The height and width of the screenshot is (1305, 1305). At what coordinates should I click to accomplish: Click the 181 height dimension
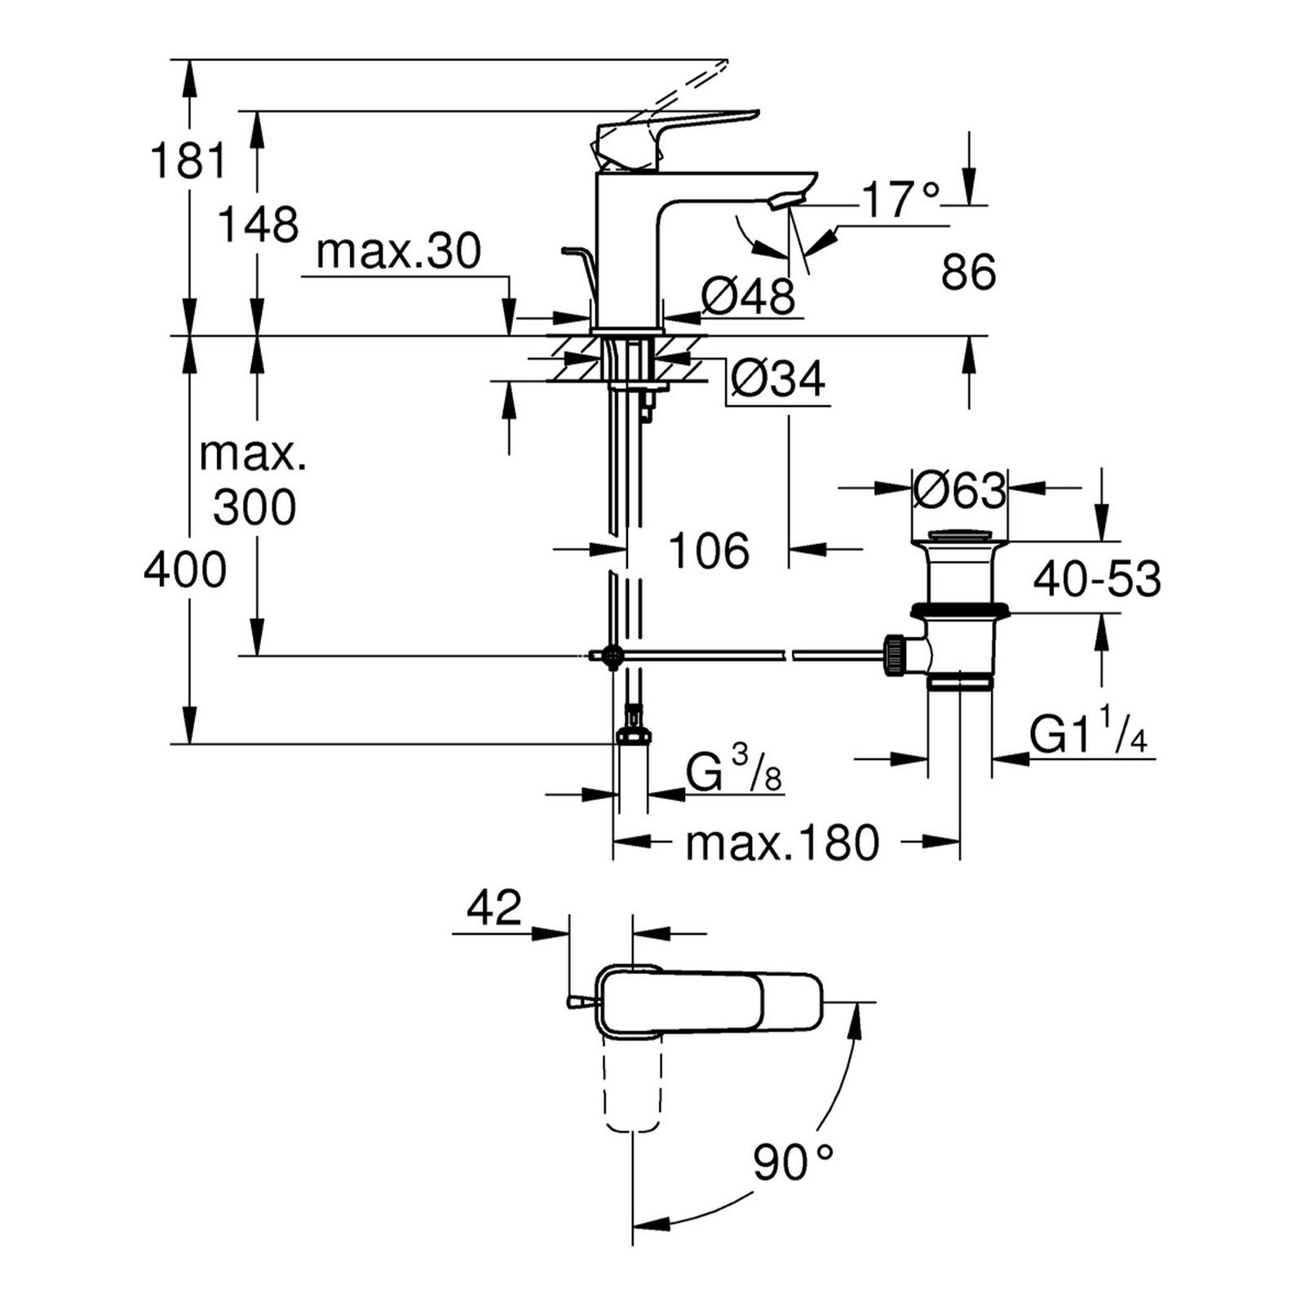(188, 160)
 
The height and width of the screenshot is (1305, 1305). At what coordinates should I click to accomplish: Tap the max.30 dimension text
(399, 251)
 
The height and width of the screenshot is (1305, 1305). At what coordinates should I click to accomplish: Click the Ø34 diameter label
(778, 378)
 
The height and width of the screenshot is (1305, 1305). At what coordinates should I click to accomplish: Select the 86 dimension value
(968, 272)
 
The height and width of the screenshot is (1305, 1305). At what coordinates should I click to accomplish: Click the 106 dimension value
(709, 551)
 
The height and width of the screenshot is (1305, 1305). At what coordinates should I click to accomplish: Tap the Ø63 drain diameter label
(959, 490)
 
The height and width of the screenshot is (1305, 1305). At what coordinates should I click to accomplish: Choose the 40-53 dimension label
(1097, 579)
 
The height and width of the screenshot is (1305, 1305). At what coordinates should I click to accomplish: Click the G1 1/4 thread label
(1088, 735)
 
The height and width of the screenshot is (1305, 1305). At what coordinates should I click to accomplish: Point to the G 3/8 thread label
(733, 772)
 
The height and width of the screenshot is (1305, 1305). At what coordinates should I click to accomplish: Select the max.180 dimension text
(782, 843)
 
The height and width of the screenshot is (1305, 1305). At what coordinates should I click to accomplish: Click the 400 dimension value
(185, 569)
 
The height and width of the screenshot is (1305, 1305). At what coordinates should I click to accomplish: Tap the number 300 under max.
(254, 507)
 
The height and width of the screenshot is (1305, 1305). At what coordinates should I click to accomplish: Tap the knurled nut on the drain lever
(894, 654)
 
